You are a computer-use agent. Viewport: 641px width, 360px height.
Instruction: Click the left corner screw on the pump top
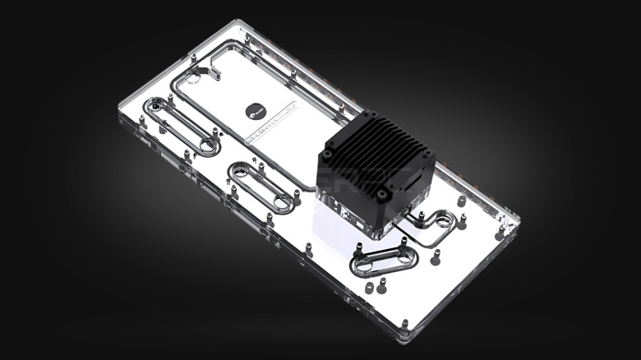pos(327,155)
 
